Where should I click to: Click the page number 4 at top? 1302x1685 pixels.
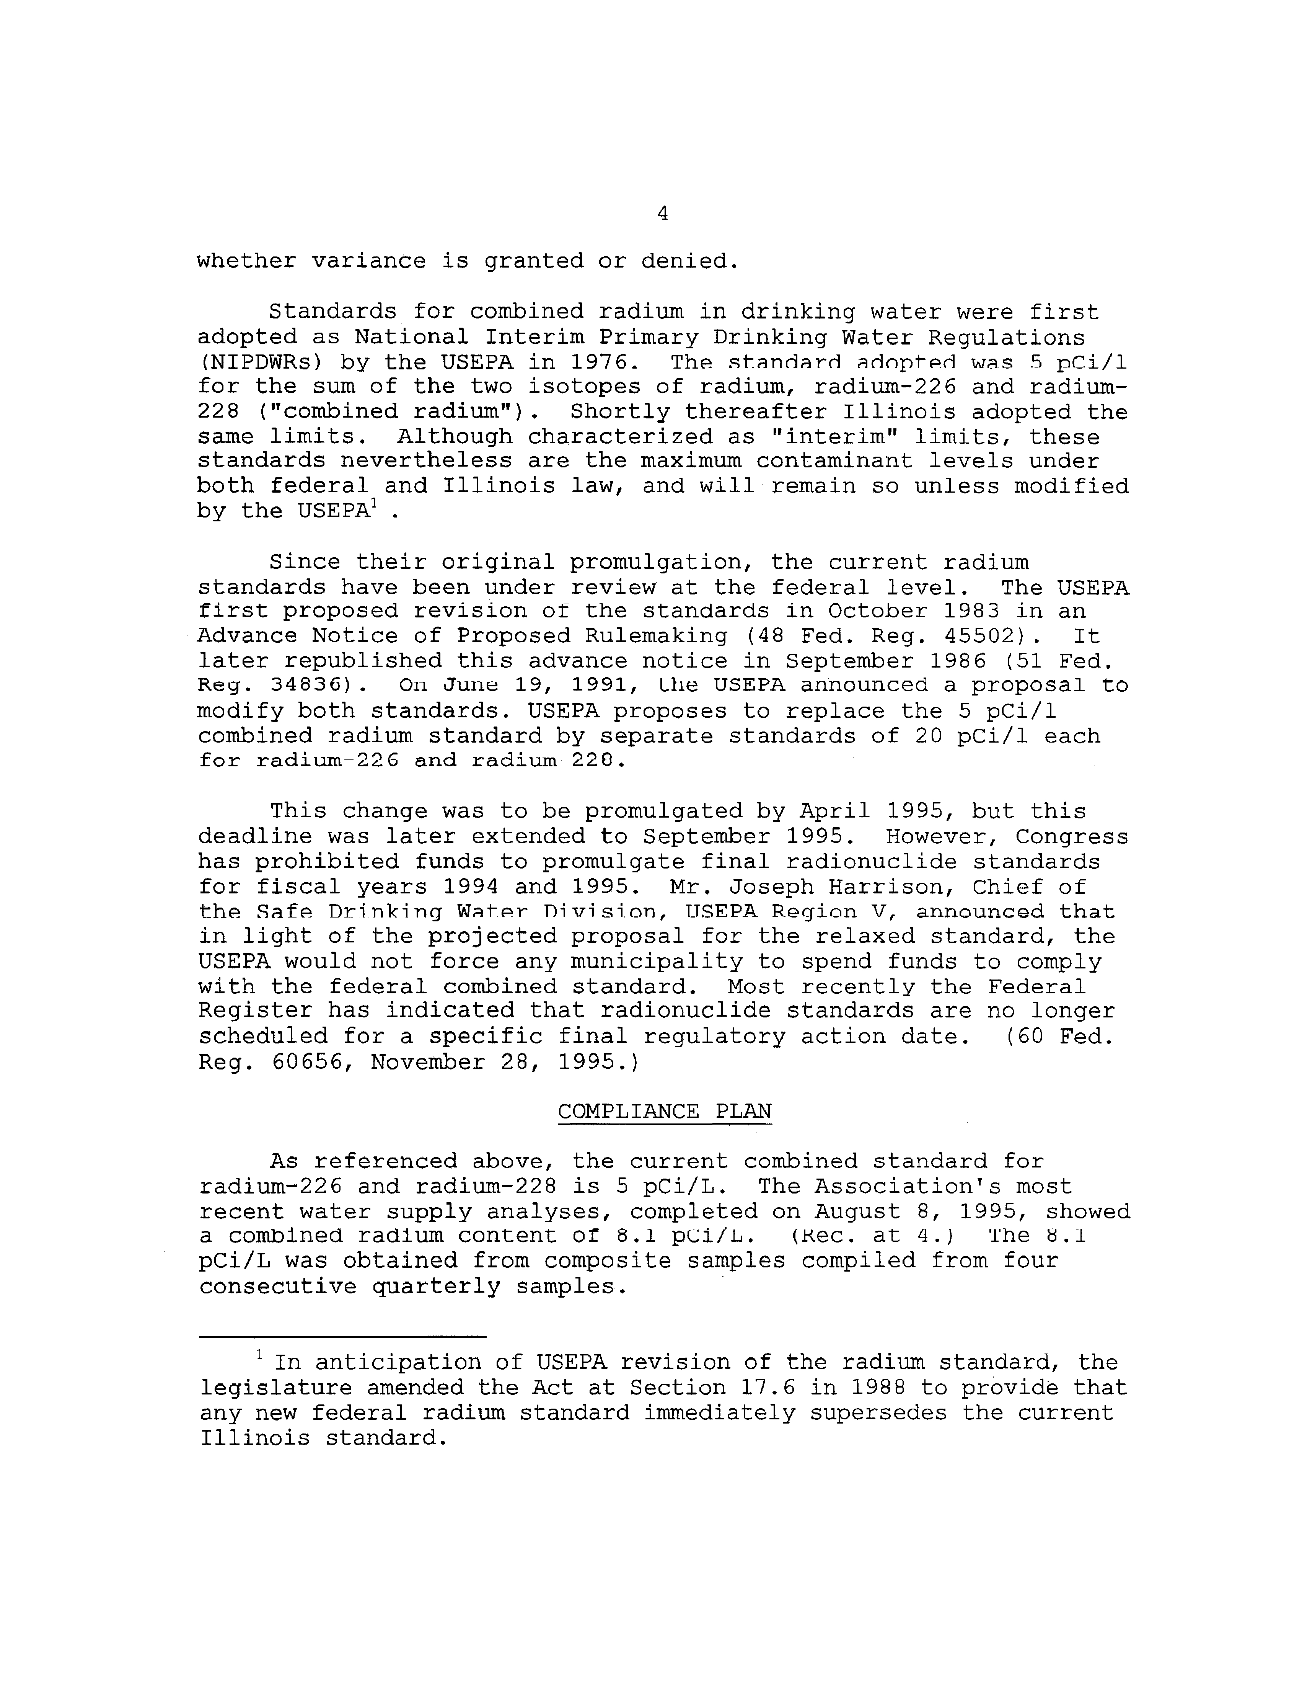pos(663,214)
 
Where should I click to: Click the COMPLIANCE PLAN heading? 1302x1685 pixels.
pos(664,1112)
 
